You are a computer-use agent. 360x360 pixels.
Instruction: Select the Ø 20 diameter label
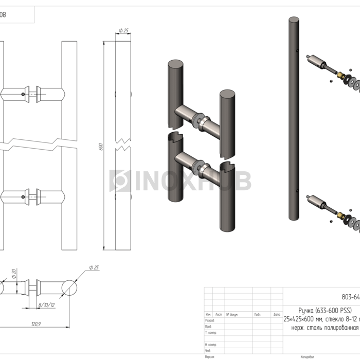[x=14, y=274]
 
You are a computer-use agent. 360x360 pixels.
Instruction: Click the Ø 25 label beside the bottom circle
[x=94, y=267]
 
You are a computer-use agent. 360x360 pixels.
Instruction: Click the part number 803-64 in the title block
[x=350, y=296]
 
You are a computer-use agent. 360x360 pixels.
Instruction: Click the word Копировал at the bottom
[x=307, y=356]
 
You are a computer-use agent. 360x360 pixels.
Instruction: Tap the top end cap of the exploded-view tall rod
[x=293, y=21]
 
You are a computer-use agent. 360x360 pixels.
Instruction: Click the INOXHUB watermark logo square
[x=119, y=181]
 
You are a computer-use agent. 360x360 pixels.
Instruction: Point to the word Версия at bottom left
[x=210, y=356]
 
